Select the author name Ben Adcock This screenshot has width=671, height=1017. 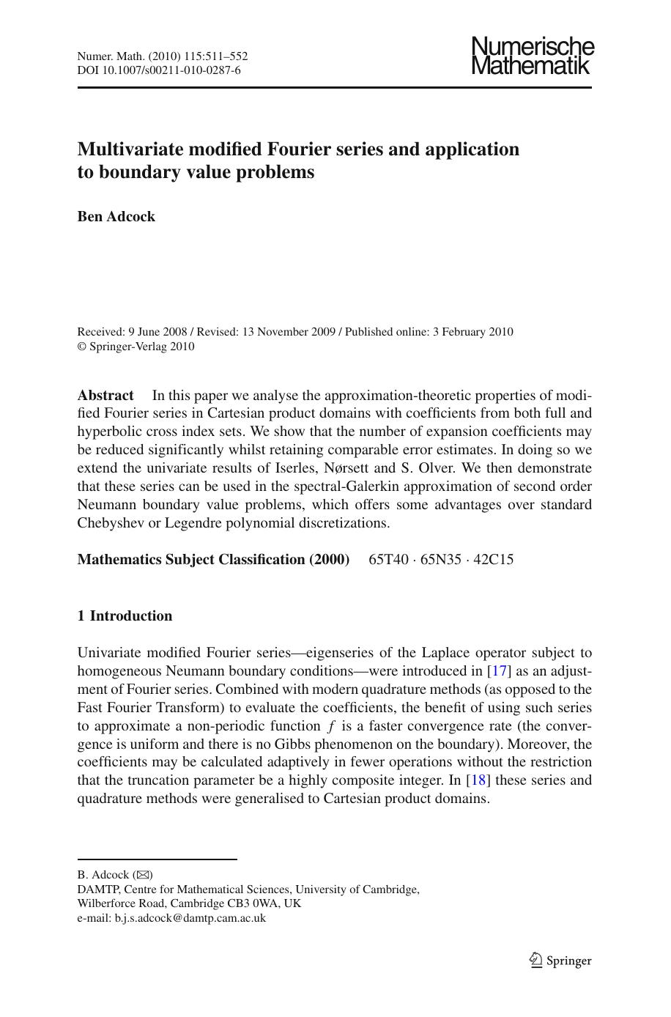pos(116,217)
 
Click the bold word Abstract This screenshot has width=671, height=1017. pos(105,396)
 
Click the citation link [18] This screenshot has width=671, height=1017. pos(478,780)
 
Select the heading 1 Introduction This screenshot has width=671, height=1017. pos(125,616)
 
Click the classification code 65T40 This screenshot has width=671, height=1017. pos(388,560)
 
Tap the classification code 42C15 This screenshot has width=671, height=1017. pos(493,560)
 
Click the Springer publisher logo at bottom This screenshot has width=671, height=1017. pos(560,961)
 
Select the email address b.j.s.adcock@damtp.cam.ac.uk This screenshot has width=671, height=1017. pos(190,918)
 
